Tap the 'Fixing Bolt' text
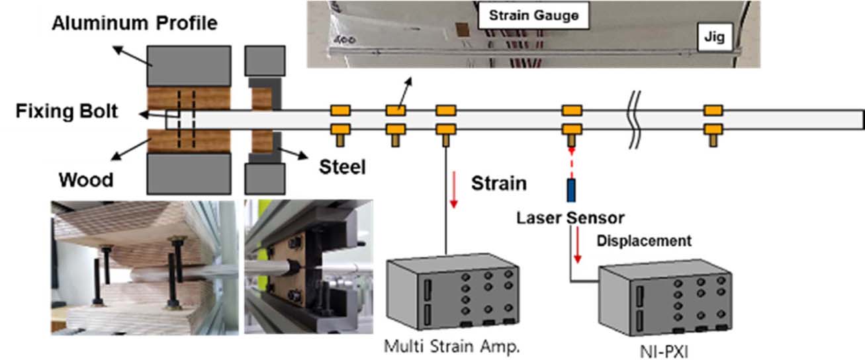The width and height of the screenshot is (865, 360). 67,111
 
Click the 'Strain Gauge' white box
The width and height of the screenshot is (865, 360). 533,15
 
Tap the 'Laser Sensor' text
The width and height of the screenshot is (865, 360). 570,217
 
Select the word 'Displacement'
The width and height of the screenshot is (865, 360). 645,240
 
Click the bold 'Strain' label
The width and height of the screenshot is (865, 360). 499,183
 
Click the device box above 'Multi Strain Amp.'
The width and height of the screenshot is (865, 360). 451,292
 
